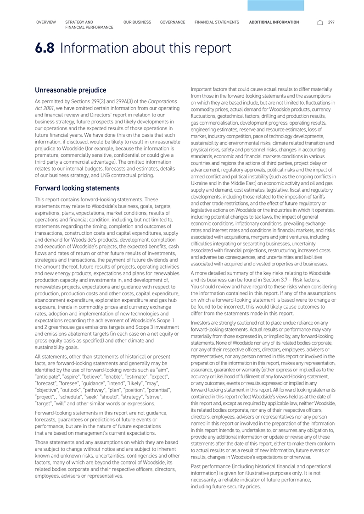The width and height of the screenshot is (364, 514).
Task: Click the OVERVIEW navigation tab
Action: tap(46, 22)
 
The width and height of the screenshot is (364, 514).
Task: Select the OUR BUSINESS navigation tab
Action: tap(137, 22)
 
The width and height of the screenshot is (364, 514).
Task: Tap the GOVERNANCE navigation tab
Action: tap(173, 22)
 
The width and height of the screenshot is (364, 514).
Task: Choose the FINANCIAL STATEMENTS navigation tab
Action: tap(217, 22)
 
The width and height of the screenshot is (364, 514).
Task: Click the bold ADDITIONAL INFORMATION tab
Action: tap(274, 22)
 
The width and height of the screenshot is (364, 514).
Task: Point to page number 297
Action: tap(331, 22)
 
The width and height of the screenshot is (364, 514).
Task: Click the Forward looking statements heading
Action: tap(77, 188)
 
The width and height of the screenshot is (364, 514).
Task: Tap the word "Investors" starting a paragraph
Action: tap(202, 323)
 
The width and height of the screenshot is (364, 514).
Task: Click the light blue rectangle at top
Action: tap(275, 5)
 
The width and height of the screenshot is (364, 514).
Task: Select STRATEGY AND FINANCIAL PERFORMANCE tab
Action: tap(89, 25)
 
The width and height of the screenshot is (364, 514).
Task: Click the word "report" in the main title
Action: tap(210, 48)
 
